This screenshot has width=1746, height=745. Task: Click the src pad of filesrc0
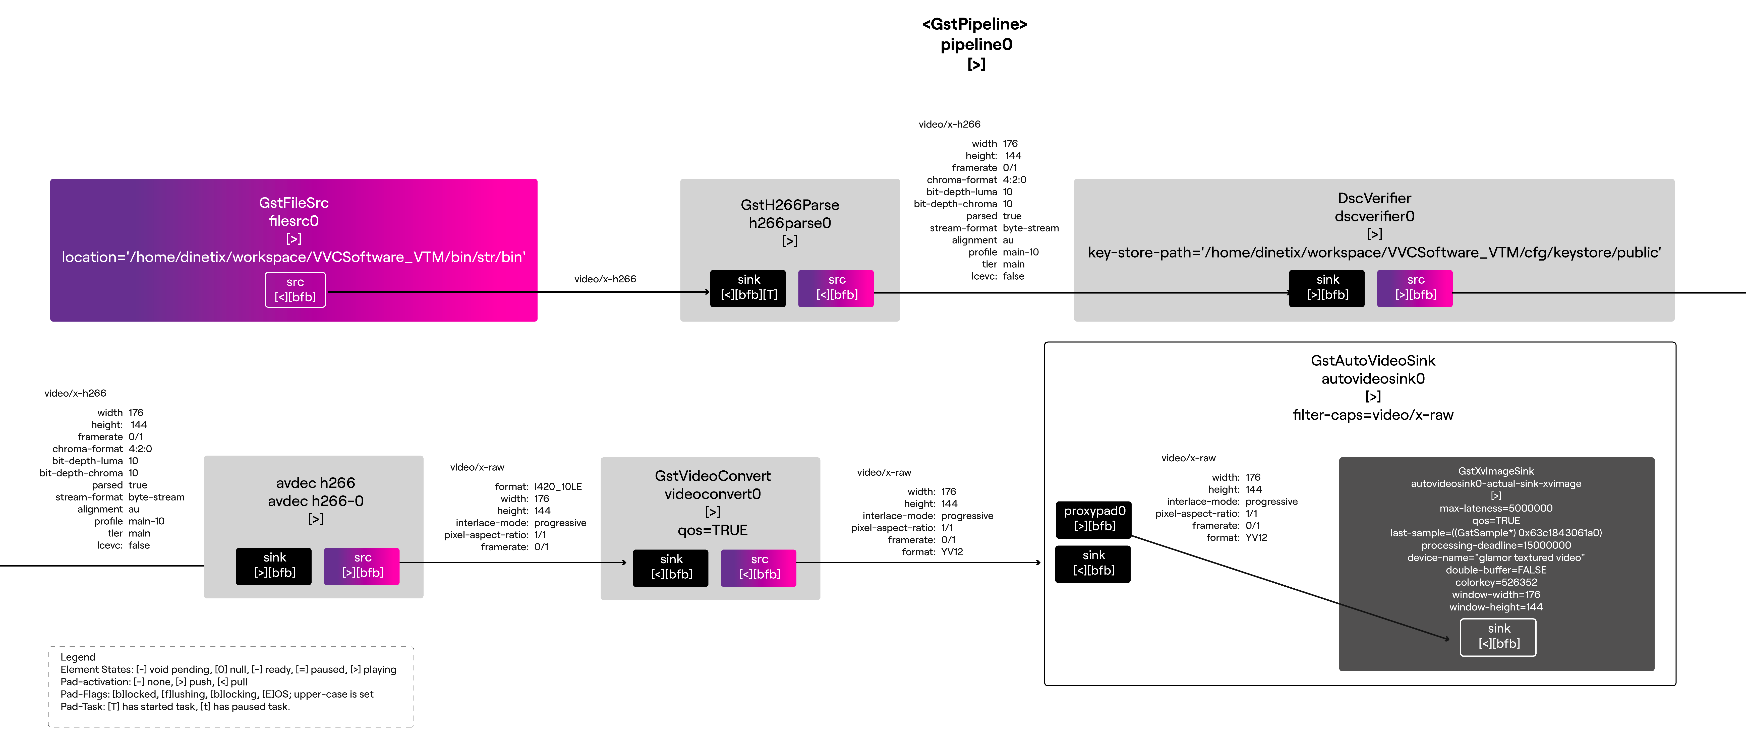295,289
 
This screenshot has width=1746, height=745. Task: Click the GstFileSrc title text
294,203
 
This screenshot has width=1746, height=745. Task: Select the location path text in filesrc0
294,257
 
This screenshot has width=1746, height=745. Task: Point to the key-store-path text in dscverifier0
1374,252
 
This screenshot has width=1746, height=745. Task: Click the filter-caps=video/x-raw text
1373,415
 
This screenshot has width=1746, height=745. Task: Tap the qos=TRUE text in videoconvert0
712,530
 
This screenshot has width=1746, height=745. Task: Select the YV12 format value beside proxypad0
1256,538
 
